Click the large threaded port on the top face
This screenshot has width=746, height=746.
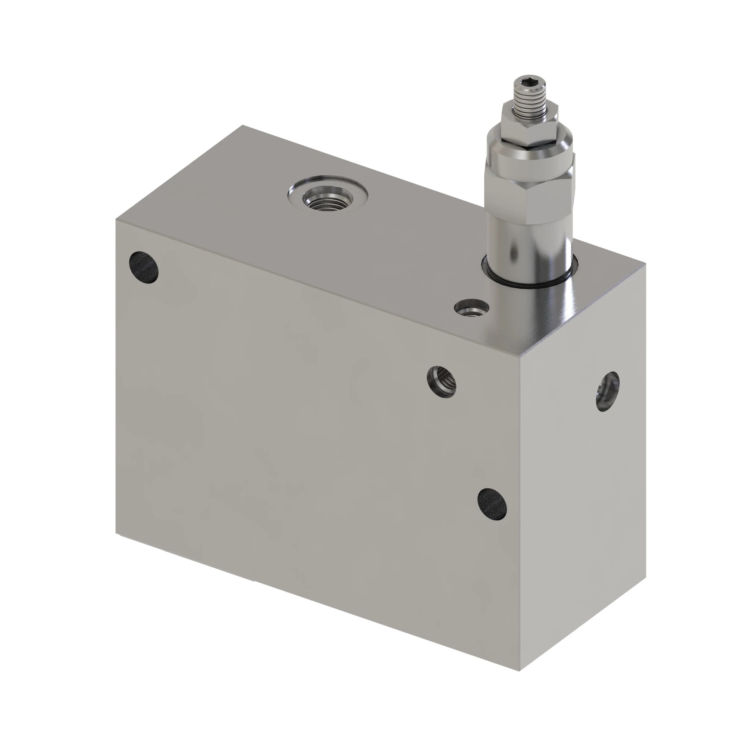pos(327,197)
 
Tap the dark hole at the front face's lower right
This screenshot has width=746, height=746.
pos(492,503)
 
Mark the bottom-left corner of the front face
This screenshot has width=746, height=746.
pos(116,534)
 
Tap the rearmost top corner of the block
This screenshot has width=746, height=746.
pos(242,125)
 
